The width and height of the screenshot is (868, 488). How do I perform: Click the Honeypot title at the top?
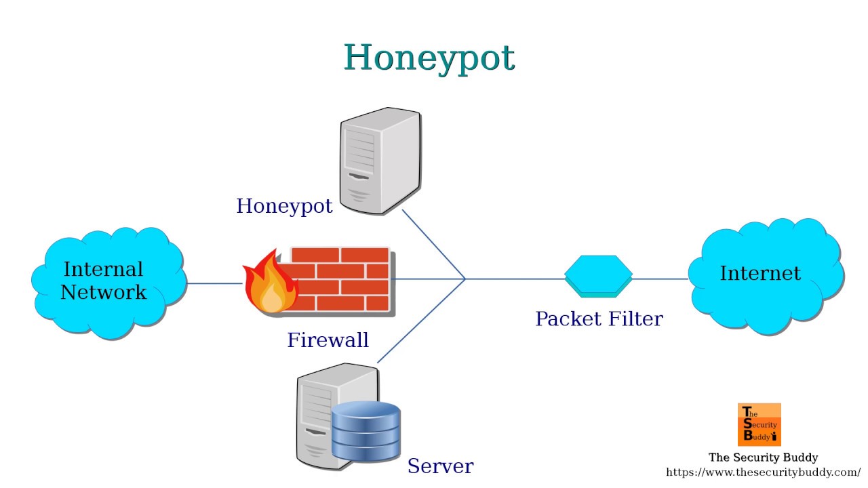[x=429, y=58]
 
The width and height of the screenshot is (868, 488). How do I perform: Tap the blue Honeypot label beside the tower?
[x=284, y=206]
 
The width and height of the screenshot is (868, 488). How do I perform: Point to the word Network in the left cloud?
[x=103, y=292]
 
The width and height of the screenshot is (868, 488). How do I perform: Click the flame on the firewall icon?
[x=270, y=285]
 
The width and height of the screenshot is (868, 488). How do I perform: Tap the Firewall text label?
[x=328, y=340]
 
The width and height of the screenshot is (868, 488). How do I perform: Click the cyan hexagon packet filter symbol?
[x=598, y=275]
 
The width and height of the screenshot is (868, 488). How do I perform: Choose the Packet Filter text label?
[x=599, y=319]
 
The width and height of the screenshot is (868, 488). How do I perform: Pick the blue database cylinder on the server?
[x=366, y=431]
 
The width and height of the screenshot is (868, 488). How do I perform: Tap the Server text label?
[x=440, y=466]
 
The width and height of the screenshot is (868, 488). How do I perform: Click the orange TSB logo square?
[x=759, y=424]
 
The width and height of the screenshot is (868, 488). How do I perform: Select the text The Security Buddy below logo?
[x=763, y=457]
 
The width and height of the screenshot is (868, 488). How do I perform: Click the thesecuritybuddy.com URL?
[x=763, y=472]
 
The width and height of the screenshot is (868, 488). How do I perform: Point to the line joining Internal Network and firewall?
[x=214, y=283]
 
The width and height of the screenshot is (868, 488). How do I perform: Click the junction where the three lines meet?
[x=465, y=279]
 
